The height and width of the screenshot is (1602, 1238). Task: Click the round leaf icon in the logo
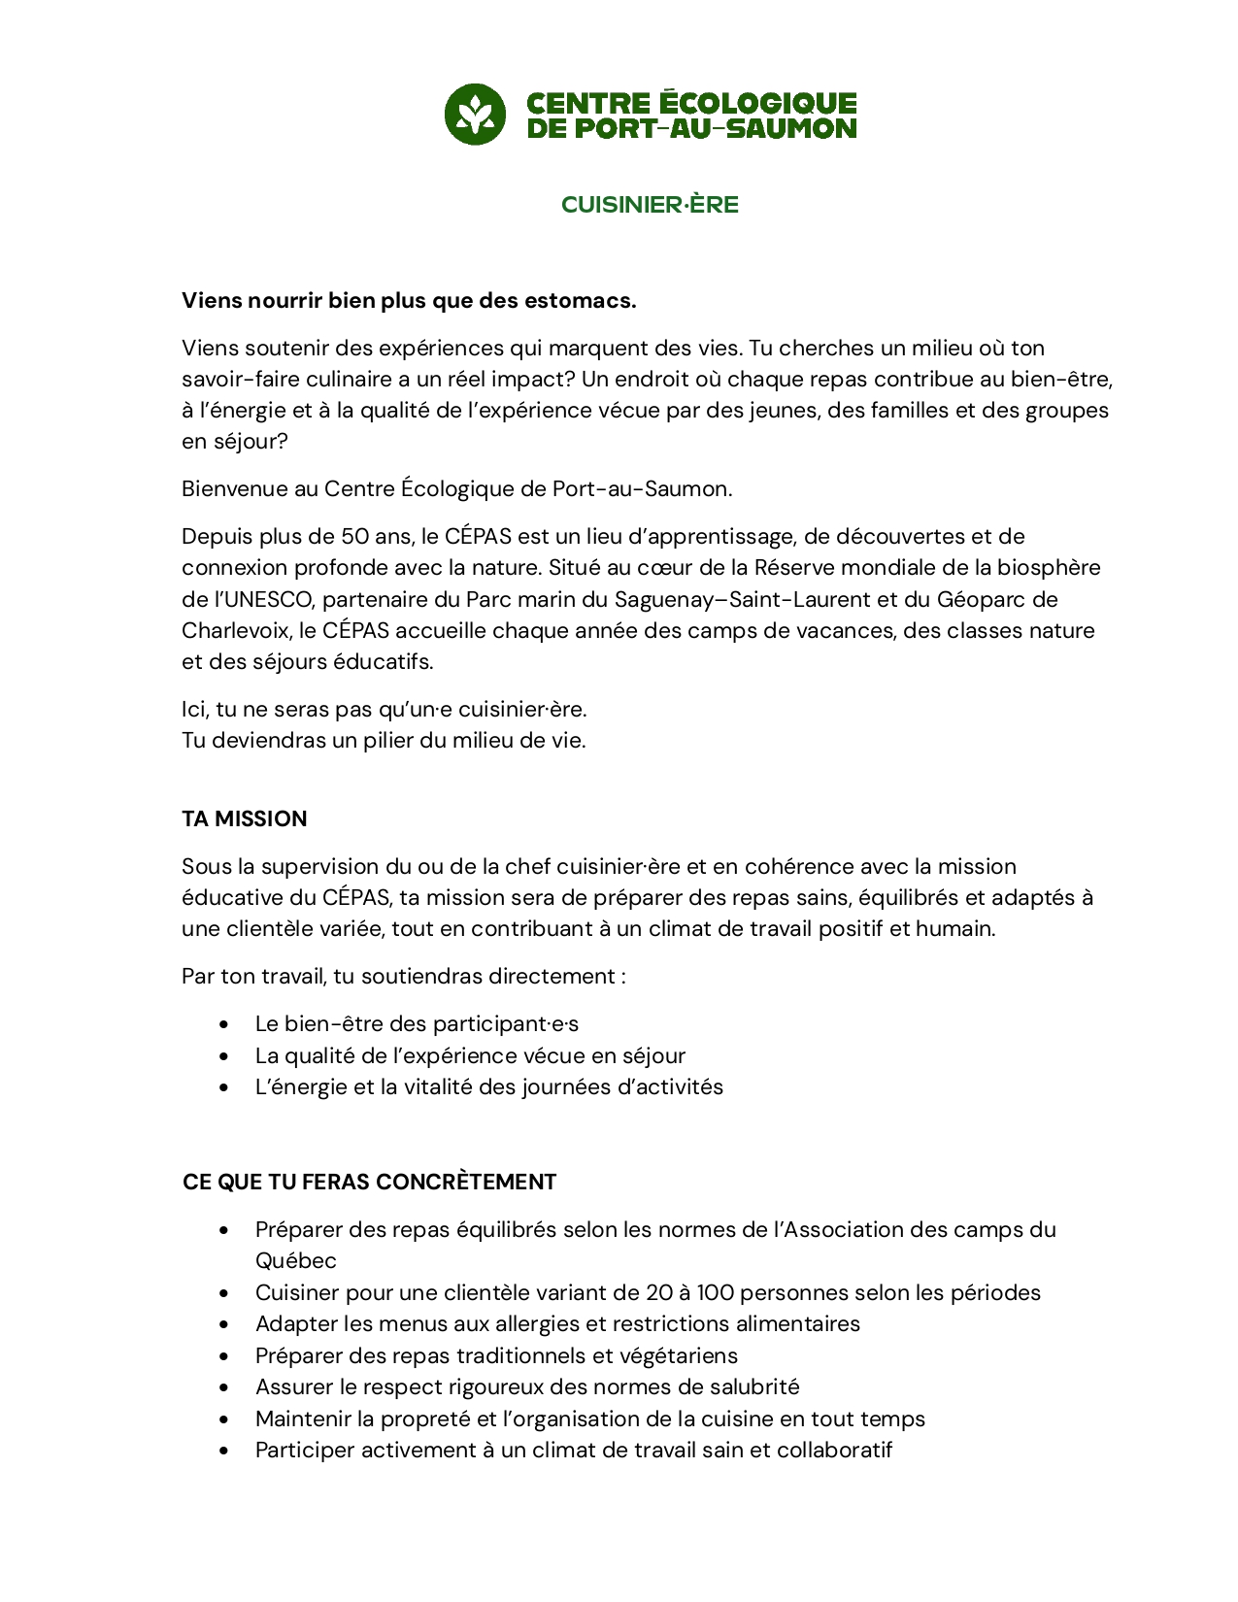(475, 115)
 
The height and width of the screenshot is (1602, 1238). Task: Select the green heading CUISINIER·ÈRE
(650, 205)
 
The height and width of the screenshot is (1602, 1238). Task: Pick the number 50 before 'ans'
(355, 537)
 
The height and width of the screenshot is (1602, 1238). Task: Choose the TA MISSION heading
(245, 819)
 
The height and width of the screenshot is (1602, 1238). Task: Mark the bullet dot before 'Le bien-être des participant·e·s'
(224, 1025)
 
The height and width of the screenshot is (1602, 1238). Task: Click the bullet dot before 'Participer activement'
(224, 1452)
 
